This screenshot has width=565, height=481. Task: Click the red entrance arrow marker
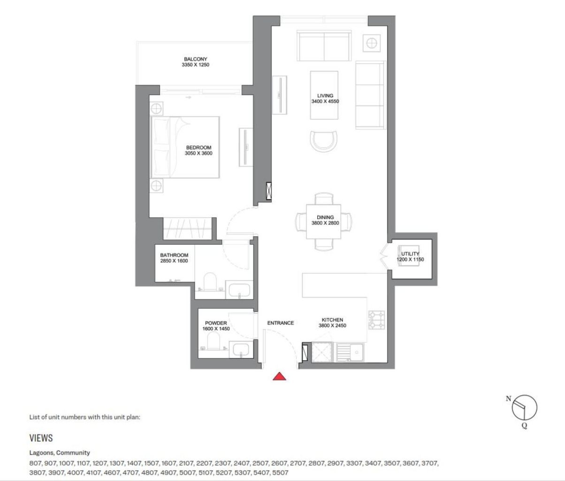pyautogui.click(x=280, y=376)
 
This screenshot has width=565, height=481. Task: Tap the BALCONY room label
pyautogui.click(x=195, y=59)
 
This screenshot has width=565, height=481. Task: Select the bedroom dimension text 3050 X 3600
pyautogui.click(x=199, y=153)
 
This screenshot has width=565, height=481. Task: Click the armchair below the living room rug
pyautogui.click(x=324, y=140)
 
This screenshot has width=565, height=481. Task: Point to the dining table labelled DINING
pyautogui.click(x=324, y=221)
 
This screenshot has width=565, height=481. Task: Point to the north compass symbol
pyautogui.click(x=524, y=407)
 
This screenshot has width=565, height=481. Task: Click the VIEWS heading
pyautogui.click(x=41, y=438)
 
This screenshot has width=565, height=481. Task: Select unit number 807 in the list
pyautogui.click(x=35, y=463)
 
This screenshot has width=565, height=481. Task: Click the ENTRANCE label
pyautogui.click(x=280, y=323)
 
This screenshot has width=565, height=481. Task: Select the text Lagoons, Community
pyautogui.click(x=60, y=453)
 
